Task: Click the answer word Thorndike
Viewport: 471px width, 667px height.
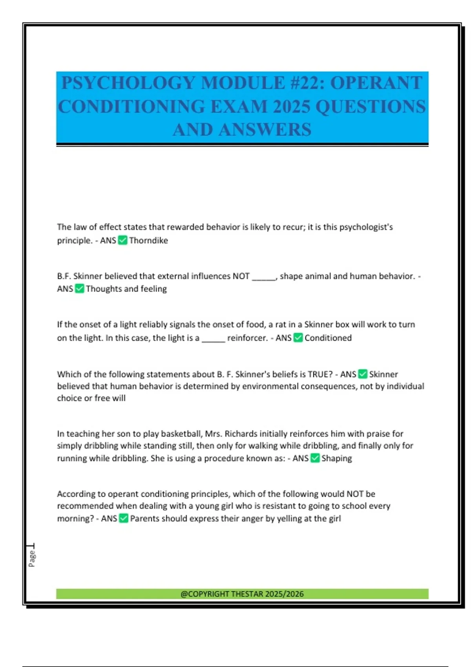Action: [148, 241]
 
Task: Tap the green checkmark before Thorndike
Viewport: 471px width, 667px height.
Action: [122, 240]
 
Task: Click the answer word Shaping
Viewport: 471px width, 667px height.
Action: [336, 458]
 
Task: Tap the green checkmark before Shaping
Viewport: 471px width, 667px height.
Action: [315, 458]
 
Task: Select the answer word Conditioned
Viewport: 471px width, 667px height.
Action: [328, 338]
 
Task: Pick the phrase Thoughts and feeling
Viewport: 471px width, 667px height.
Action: [126, 289]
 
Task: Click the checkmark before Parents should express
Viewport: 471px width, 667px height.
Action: [123, 518]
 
